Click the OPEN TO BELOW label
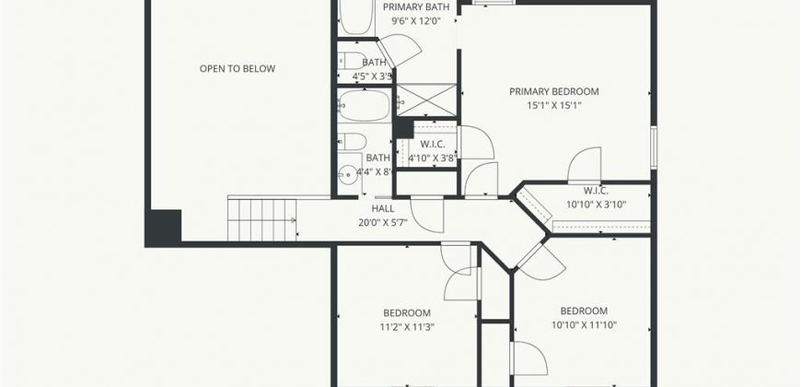[x=237, y=69]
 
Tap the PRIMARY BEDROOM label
[x=554, y=91]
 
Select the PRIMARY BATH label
[x=416, y=7]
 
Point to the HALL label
[x=383, y=208]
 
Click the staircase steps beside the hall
[x=261, y=220]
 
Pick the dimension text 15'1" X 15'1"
[x=554, y=106]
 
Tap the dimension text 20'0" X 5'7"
[x=383, y=222]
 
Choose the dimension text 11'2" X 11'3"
[x=407, y=327]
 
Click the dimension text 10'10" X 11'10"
[x=584, y=324]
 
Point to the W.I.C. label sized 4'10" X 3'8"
[x=433, y=144]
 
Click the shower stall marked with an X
[x=426, y=100]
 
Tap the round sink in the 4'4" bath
[x=348, y=175]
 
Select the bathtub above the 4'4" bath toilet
[x=364, y=105]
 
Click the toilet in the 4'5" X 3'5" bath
[x=353, y=61]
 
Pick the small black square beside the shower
[x=403, y=128]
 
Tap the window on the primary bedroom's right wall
[x=654, y=147]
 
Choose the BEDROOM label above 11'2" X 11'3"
[x=407, y=313]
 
